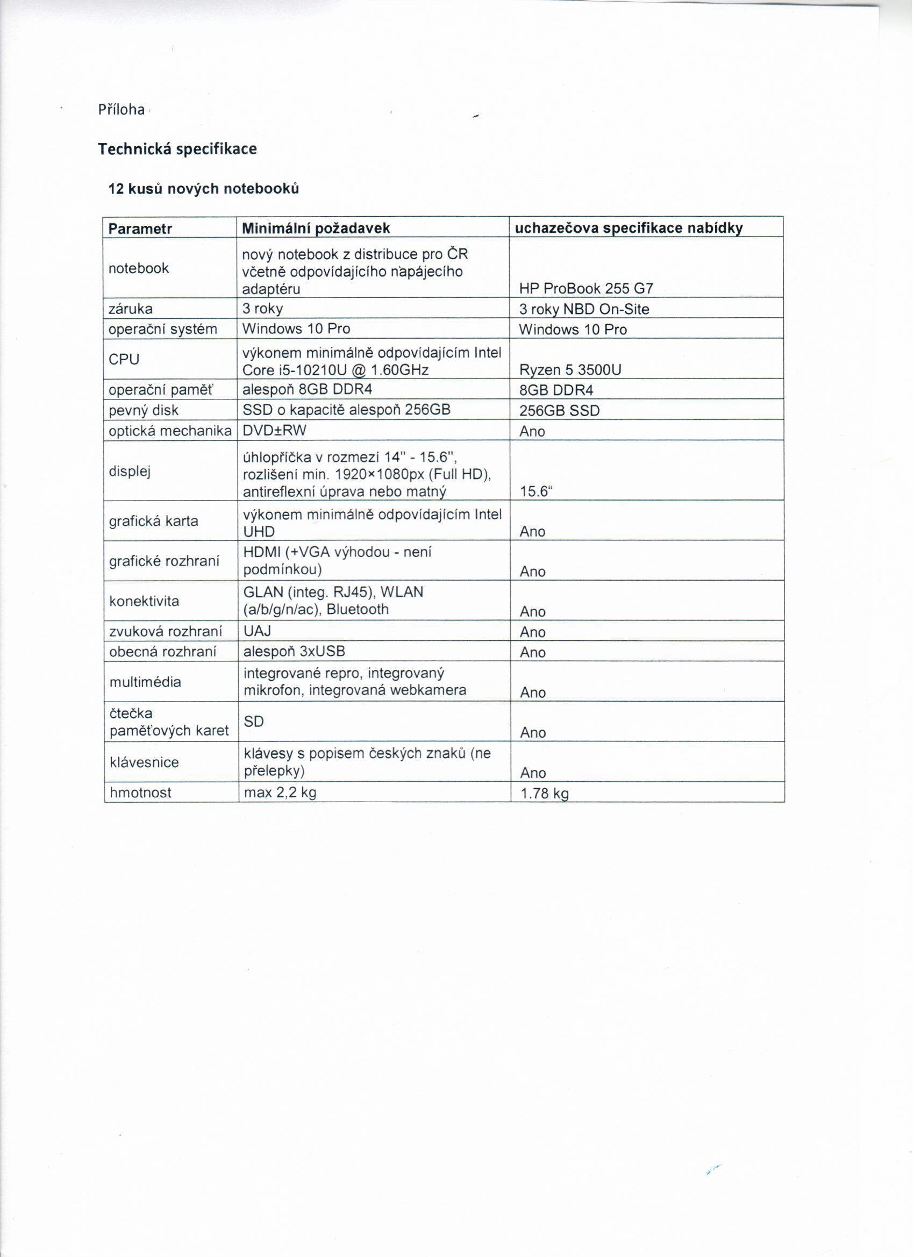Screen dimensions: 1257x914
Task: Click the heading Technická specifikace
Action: coord(177,149)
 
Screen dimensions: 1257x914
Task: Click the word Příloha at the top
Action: coord(122,110)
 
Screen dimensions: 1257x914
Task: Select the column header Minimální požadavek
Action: coord(316,228)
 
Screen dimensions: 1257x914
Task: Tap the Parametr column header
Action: coord(140,229)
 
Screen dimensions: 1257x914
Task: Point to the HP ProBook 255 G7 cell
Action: coord(587,289)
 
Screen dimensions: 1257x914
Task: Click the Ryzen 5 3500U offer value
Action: coord(570,370)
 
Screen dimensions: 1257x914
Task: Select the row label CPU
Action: coord(124,360)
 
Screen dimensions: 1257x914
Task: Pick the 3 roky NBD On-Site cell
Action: coord(584,309)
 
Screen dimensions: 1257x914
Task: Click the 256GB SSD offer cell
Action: coord(560,411)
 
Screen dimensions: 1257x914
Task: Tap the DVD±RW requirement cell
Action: coord(274,431)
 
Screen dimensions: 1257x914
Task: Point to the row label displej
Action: coord(130,472)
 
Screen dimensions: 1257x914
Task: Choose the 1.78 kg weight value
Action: coord(544,794)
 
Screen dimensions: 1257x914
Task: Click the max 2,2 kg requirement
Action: coord(280,793)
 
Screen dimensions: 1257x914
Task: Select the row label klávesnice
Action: coord(144,762)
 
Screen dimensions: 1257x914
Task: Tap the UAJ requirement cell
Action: coord(257,631)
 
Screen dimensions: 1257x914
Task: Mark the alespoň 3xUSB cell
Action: coord(294,652)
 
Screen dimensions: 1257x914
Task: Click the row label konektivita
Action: coord(144,601)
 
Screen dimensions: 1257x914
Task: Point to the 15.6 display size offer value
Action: coord(536,492)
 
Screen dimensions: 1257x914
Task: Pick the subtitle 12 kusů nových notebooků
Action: coord(203,189)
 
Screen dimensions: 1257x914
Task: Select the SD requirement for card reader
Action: coord(254,722)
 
